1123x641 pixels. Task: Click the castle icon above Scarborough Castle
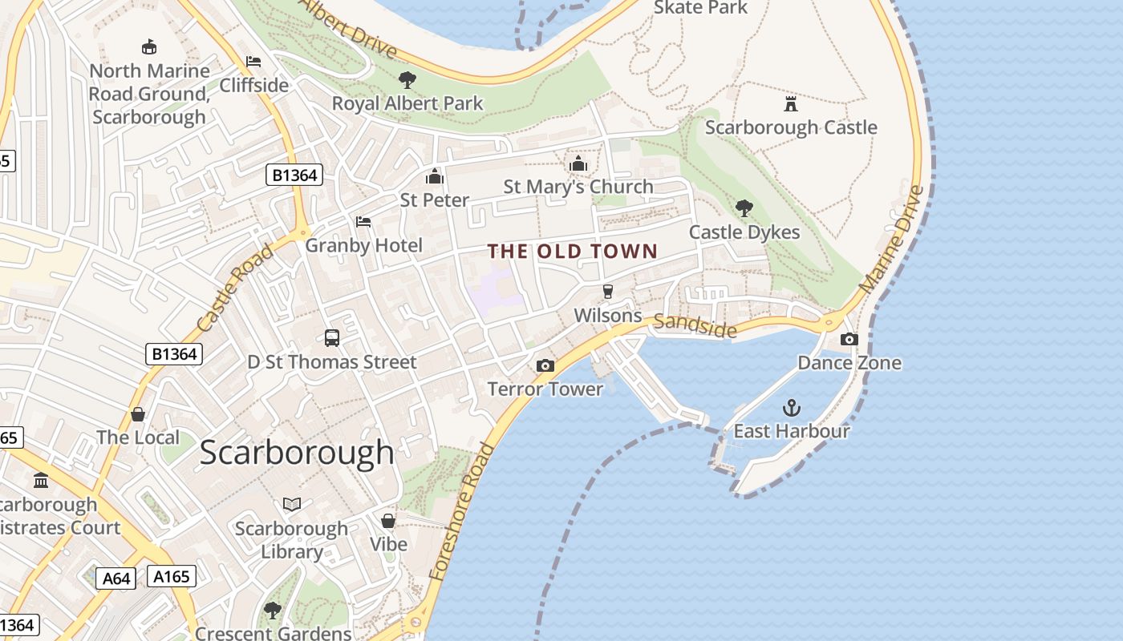point(791,104)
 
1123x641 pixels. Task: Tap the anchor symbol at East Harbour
point(792,408)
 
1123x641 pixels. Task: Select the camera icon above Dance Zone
point(849,340)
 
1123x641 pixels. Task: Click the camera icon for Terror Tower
point(545,366)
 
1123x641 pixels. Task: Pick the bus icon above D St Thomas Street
point(332,338)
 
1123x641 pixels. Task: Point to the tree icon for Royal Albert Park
point(407,80)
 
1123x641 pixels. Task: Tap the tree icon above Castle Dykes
point(744,209)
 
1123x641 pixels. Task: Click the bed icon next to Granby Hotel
point(363,222)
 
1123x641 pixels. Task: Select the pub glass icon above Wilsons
point(608,292)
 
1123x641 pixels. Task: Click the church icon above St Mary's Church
point(578,164)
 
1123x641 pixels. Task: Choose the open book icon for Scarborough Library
point(292,504)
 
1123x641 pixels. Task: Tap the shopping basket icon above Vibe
point(388,521)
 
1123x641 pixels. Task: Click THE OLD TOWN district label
point(573,252)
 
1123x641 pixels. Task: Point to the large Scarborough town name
point(297,453)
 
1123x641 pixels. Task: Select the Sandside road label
point(695,325)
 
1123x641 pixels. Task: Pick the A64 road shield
point(116,578)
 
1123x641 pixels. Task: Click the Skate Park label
point(700,8)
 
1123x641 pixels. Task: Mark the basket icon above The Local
point(138,414)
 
